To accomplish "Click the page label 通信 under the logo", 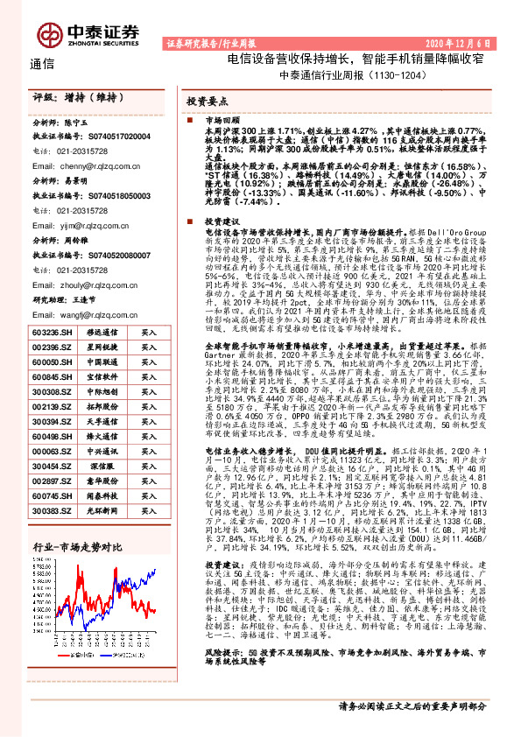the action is [42, 63].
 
